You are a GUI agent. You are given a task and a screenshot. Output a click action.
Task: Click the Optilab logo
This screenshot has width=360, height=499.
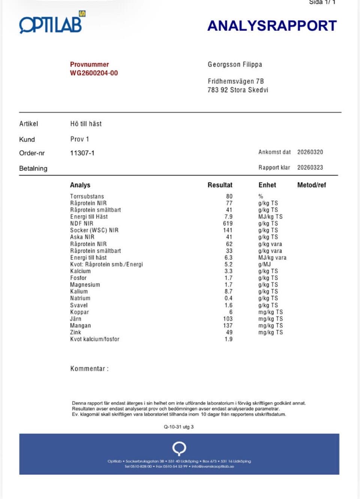tap(52, 23)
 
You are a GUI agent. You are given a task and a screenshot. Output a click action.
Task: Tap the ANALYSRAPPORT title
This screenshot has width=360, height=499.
tap(272, 26)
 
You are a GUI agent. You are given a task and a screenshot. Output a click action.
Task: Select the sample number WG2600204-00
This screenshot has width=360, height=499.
tap(94, 73)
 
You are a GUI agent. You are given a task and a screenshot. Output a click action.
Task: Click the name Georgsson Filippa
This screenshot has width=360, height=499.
tap(235, 64)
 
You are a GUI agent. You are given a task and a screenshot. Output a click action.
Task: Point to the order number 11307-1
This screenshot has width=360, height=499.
tap(82, 153)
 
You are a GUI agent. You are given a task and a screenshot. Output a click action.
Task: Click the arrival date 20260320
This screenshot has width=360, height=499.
tap(310, 152)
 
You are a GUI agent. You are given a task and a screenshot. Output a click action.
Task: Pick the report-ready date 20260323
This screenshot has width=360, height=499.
tap(310, 168)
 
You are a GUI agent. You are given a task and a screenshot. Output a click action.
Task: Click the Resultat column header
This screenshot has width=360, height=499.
tap(220, 185)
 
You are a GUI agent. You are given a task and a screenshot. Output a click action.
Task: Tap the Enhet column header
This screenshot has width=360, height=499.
tap(267, 185)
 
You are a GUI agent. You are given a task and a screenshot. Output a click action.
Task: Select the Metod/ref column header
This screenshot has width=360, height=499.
tap(311, 185)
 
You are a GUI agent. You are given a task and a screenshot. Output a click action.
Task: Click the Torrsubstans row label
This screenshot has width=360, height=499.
tap(87, 196)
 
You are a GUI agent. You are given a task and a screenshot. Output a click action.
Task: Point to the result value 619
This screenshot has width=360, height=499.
tap(228, 223)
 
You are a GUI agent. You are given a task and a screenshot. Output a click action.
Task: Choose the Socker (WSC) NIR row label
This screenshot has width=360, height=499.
tap(94, 230)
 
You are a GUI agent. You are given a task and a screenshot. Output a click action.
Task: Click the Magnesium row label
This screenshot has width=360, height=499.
tap(85, 285)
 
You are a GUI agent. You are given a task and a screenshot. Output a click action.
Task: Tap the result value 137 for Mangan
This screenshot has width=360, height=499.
tap(228, 325)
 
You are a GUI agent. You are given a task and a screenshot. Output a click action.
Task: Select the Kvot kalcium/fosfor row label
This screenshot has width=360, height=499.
tap(94, 339)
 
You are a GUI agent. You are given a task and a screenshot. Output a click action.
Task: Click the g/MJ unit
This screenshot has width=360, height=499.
tap(264, 264)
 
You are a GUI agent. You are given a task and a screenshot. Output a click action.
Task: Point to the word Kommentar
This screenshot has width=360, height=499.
tap(88, 369)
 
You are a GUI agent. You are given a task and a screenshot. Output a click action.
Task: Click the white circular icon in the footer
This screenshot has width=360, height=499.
tap(179, 448)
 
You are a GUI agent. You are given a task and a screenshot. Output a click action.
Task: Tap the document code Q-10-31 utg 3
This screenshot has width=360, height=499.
tap(178, 427)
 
